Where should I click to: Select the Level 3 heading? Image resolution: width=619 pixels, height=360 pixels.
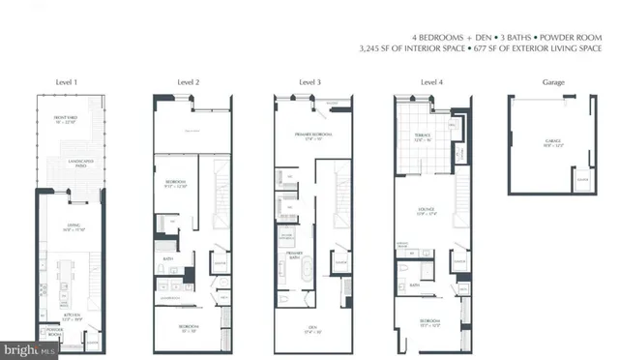[309, 83]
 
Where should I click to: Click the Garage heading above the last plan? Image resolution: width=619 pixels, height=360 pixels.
[545, 83]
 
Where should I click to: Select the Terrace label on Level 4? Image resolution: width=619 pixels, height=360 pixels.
[422, 137]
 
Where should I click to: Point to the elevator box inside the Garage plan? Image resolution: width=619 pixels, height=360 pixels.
[580, 179]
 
